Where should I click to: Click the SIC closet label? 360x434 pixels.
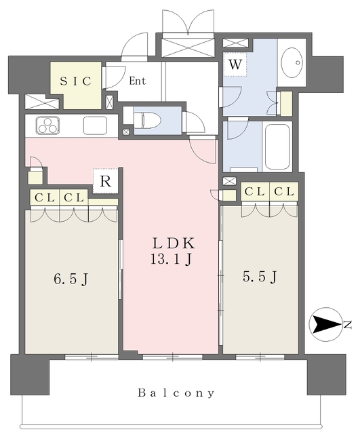pyautogui.click(x=76, y=81)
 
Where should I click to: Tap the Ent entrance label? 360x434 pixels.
pyautogui.click(x=137, y=81)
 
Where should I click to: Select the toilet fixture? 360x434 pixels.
pyautogui.click(x=148, y=120)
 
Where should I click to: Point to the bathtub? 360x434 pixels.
pyautogui.click(x=277, y=146)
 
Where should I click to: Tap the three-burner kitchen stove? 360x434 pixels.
pyautogui.click(x=47, y=125)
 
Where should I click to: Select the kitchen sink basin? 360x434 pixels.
pyautogui.click(x=94, y=125)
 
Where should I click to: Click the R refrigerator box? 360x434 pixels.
pyautogui.click(x=105, y=181)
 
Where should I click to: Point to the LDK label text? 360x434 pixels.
pyautogui.click(x=173, y=243)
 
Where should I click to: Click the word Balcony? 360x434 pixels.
pyautogui.click(x=176, y=393)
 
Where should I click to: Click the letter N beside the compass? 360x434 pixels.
pyautogui.click(x=348, y=325)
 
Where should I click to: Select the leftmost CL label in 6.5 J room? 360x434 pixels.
pyautogui.click(x=43, y=197)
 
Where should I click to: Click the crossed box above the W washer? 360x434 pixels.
pyautogui.click(x=232, y=43)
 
